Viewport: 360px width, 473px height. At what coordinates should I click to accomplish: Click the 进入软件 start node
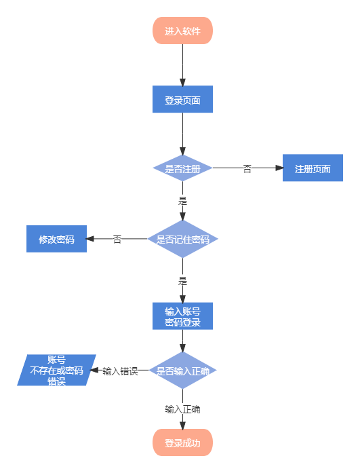(x=182, y=31)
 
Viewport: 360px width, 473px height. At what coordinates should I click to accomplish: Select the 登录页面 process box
(x=182, y=100)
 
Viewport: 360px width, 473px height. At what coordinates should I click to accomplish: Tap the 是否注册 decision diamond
(x=182, y=168)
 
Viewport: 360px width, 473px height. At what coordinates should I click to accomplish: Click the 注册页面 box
(x=313, y=168)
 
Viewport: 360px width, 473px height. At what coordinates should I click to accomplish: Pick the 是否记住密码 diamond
(x=182, y=239)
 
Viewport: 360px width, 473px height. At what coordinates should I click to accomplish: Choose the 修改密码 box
(x=56, y=239)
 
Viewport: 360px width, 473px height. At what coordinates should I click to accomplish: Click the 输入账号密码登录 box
(x=182, y=316)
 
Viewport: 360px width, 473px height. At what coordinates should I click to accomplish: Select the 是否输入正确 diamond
(x=182, y=371)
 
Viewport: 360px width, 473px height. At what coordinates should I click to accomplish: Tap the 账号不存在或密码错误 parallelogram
(x=56, y=371)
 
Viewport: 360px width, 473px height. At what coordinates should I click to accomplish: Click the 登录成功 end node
(x=182, y=442)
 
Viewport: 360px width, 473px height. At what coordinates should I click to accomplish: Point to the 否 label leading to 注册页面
(x=247, y=168)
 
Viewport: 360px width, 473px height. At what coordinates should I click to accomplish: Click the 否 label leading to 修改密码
(x=117, y=239)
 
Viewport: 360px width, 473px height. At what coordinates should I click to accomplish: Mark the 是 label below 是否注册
(x=182, y=200)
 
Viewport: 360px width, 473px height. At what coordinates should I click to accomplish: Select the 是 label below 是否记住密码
(x=182, y=280)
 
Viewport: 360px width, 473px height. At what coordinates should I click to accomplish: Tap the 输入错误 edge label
(x=120, y=371)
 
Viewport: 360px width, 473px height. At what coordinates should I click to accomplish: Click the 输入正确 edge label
(x=182, y=409)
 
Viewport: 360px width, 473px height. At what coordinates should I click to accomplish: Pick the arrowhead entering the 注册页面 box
(x=279, y=168)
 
